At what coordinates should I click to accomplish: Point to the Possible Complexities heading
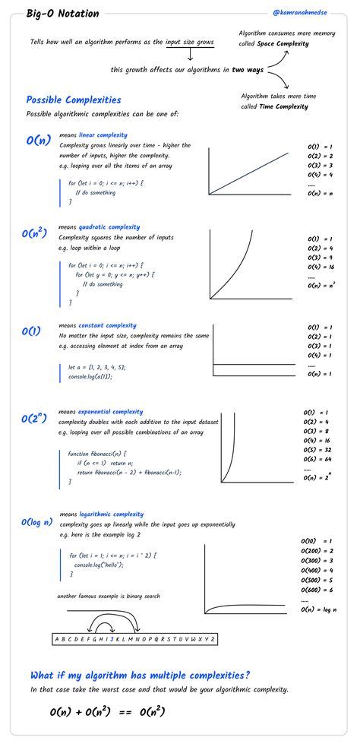pos(73,100)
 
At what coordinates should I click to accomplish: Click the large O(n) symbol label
pos(38,141)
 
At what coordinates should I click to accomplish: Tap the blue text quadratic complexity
pos(109,226)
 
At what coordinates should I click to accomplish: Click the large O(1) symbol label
pos(31,331)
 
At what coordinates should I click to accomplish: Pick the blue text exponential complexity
pos(111,412)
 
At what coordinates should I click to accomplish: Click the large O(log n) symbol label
pos(36,522)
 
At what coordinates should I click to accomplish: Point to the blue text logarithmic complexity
pos(111,514)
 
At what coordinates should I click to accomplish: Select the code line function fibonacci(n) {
pos(98,453)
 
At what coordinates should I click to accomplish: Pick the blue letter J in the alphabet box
pos(111,639)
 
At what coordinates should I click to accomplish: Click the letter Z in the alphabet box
pos(213,639)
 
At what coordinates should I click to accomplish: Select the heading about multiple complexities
pos(141,675)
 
